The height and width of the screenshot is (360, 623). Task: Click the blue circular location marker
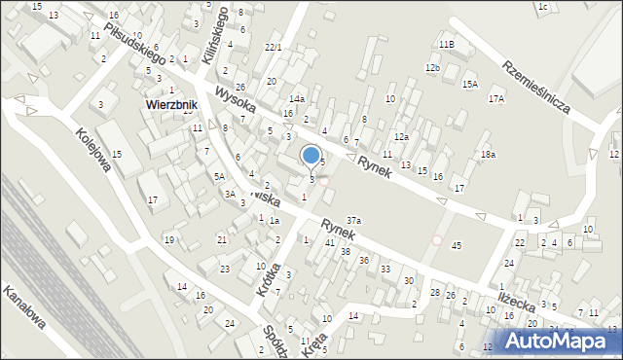[311, 154]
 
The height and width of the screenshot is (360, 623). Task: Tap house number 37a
[354, 221]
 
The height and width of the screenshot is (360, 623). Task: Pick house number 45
[457, 245]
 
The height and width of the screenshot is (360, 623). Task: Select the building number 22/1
[273, 47]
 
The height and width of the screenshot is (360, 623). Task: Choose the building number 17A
[496, 99]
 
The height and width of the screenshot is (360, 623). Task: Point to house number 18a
[488, 155]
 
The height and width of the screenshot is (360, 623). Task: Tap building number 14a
[297, 99]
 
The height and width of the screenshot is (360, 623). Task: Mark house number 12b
[432, 67]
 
